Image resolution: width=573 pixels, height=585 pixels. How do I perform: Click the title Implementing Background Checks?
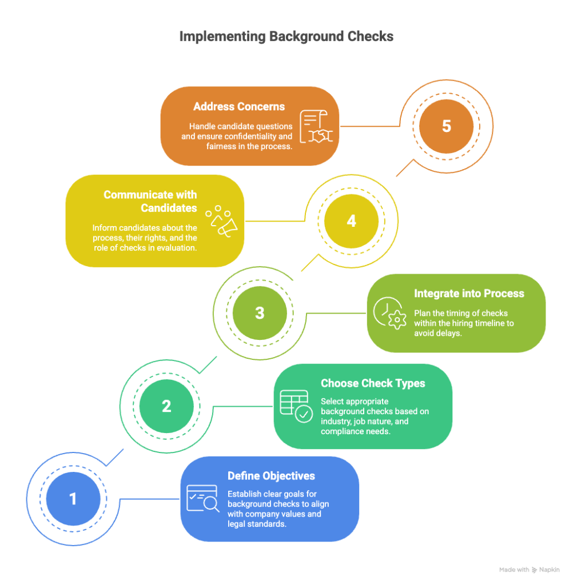pos(286,37)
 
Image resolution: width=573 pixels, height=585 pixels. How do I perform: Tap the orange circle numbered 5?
pos(447,126)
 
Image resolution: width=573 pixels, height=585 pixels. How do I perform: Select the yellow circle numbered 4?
pos(352,221)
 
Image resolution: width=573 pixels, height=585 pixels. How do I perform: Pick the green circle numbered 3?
pos(260,312)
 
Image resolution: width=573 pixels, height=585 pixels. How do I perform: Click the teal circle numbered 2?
pos(166,406)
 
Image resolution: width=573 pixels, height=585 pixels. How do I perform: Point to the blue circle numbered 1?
pos(73,498)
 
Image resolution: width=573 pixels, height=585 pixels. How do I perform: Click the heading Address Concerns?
pos(239,107)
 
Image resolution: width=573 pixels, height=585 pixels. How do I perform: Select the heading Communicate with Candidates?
pos(150,201)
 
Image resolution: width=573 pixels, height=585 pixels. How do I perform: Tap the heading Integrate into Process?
pos(469,294)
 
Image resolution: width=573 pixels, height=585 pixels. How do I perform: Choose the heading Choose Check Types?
pos(373,383)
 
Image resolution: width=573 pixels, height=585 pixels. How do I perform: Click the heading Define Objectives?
pos(271,476)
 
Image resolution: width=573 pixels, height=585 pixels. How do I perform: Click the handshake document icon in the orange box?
pos(316,126)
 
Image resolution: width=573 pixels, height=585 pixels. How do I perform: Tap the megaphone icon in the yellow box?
pos(221,221)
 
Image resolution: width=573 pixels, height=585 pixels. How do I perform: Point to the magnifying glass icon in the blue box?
pos(203,498)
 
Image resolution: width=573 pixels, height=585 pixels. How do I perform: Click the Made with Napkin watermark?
pos(530,570)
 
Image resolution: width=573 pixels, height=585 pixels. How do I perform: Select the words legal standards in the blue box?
pos(257,524)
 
